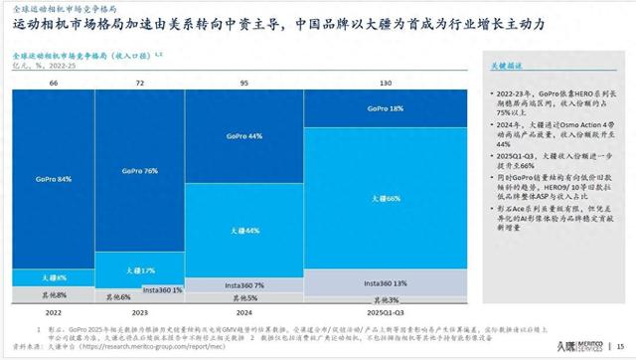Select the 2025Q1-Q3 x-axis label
click(x=383, y=311)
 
